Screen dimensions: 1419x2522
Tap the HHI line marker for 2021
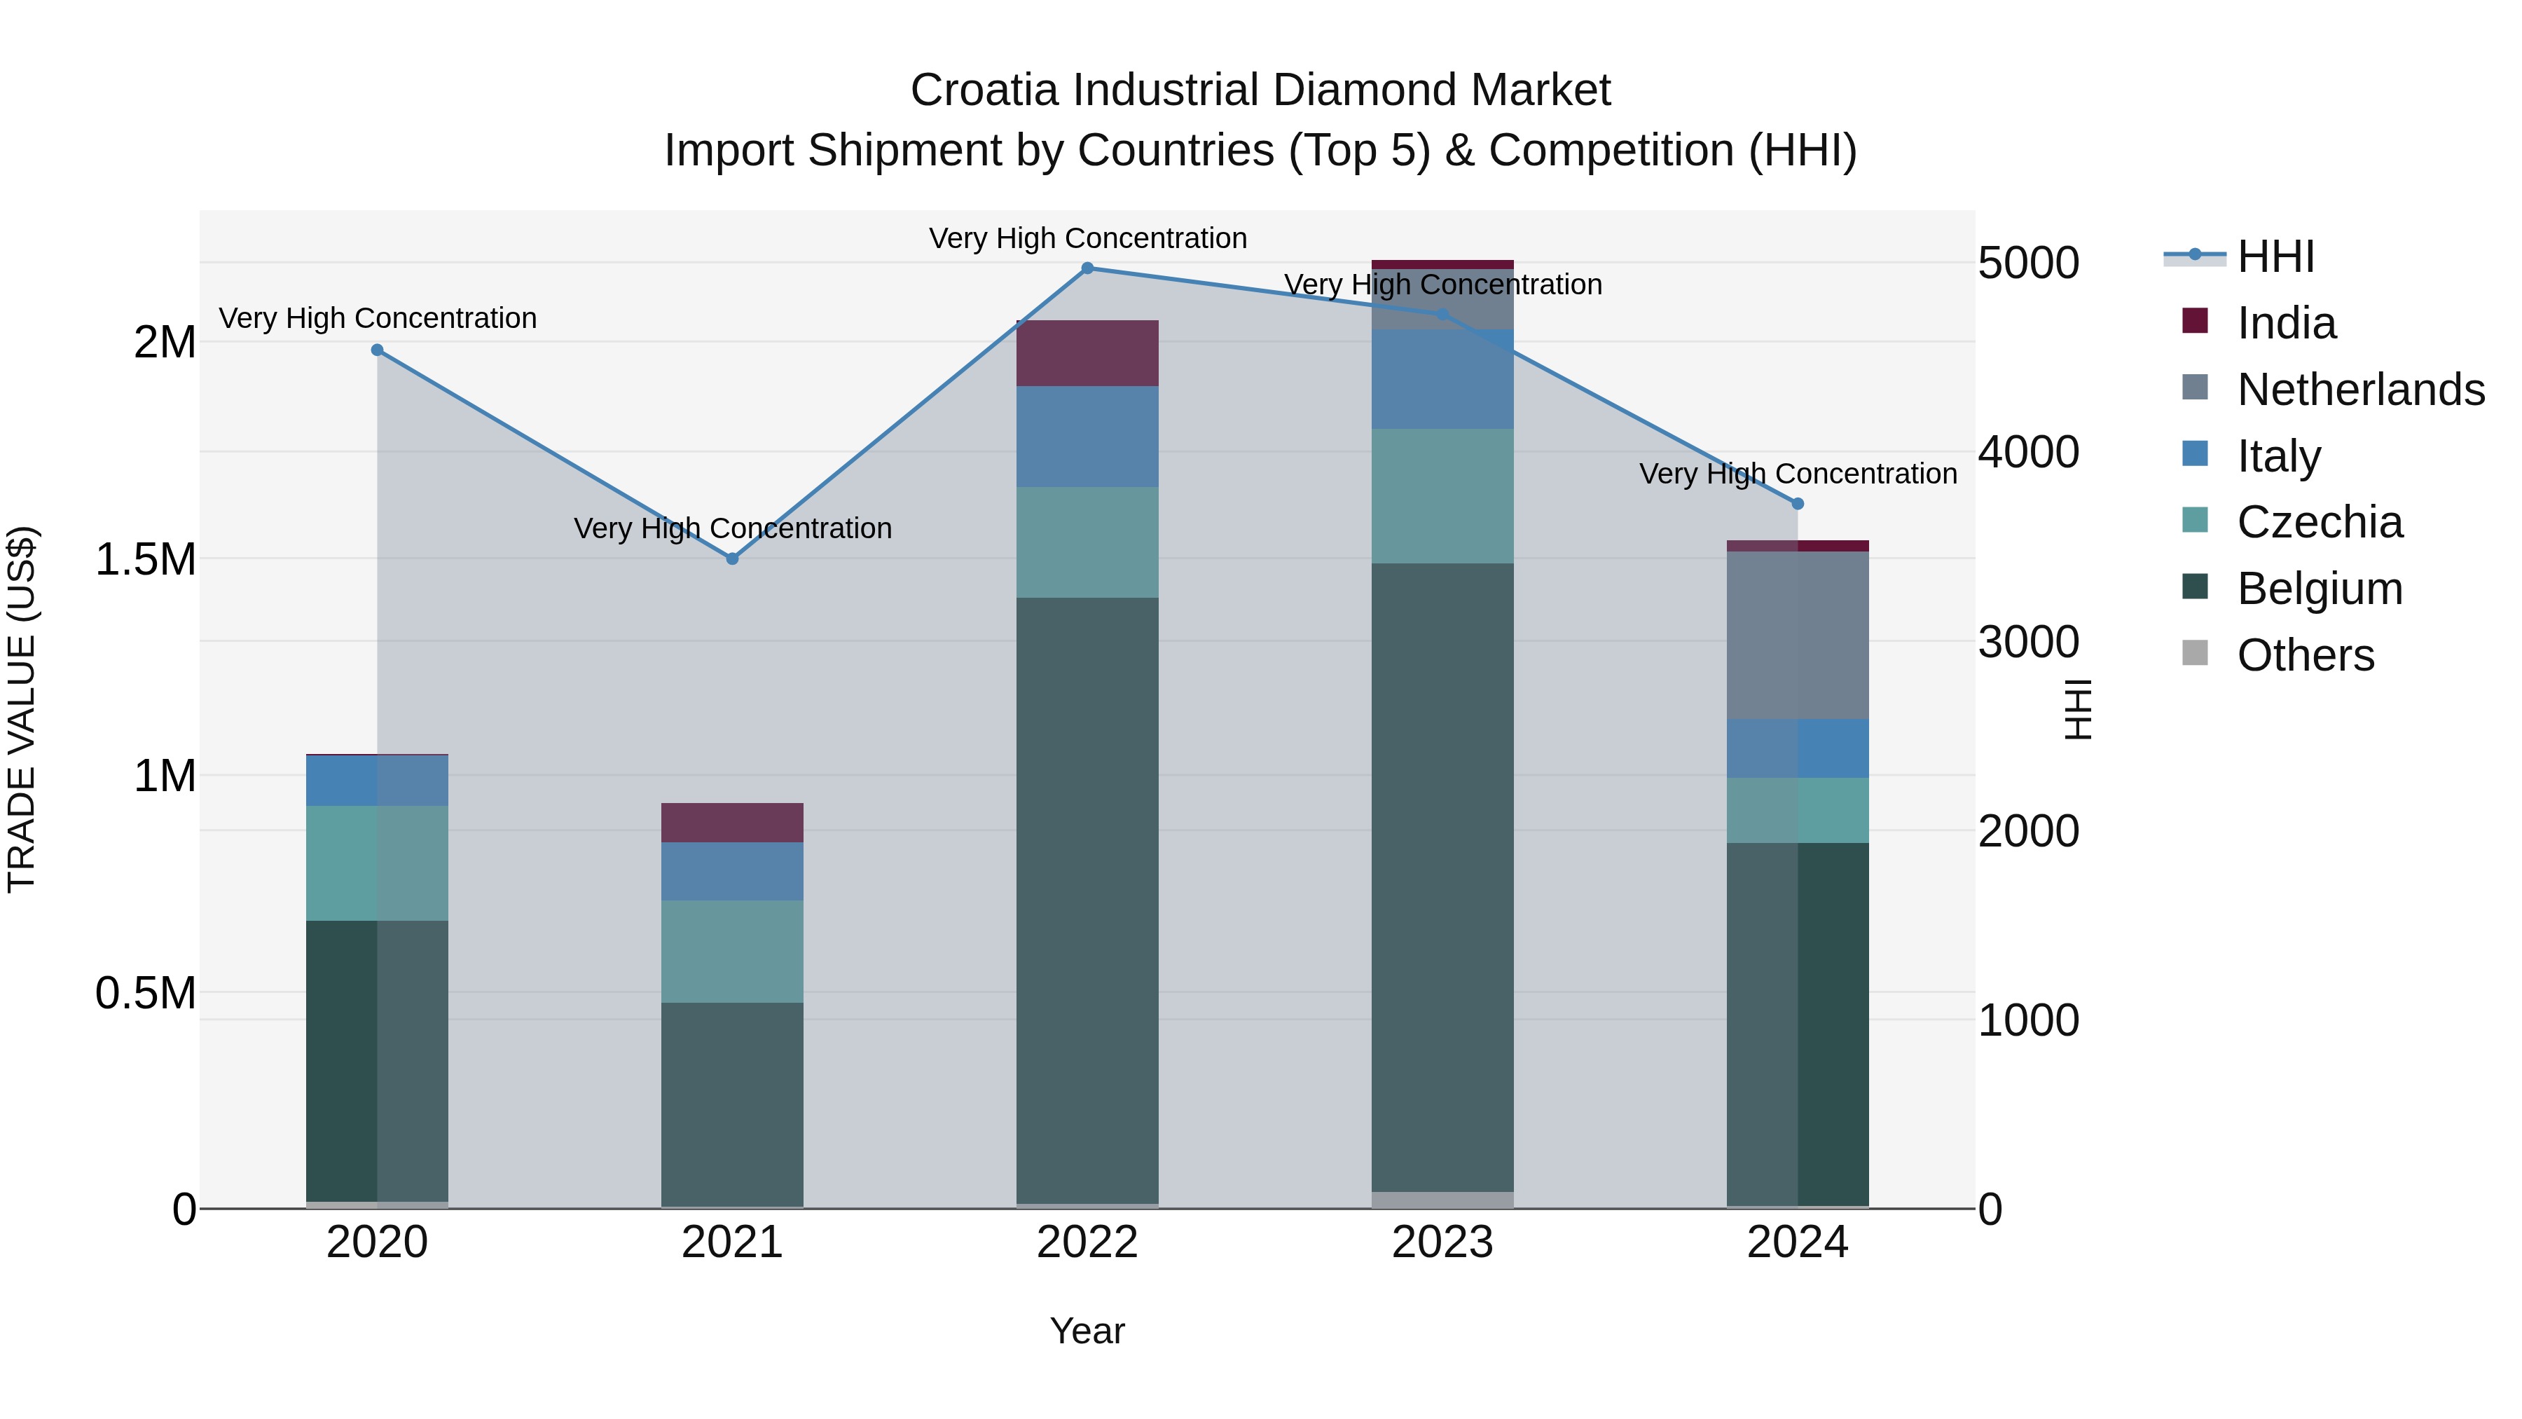click(732, 558)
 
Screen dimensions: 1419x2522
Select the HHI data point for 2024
click(1798, 503)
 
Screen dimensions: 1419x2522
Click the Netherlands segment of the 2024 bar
click(1798, 635)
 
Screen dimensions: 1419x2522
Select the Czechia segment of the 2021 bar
click(732, 950)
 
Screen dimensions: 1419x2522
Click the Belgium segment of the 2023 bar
click(1442, 877)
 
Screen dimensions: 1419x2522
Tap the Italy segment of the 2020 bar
click(377, 781)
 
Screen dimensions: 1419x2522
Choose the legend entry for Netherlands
click(2359, 390)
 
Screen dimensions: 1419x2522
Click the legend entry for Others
click(2305, 655)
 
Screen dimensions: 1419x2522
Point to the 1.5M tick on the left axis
click(145, 559)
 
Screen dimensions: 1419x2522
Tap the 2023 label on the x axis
click(1442, 1242)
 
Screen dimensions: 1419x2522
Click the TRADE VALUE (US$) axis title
click(22, 709)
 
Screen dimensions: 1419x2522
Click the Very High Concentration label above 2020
click(377, 318)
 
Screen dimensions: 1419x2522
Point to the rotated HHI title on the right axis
click(2076, 709)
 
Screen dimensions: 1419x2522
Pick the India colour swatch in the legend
click(2195, 320)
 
